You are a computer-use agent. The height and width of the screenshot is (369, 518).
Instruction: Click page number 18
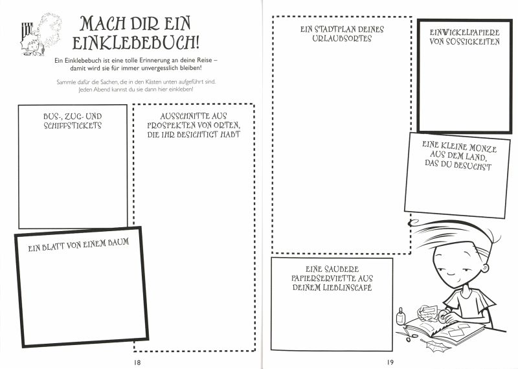137,361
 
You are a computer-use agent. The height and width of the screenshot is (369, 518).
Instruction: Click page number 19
390,361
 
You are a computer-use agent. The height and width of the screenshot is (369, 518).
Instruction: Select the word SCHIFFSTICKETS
73,125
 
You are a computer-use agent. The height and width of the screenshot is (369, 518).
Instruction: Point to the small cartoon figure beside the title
38,34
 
